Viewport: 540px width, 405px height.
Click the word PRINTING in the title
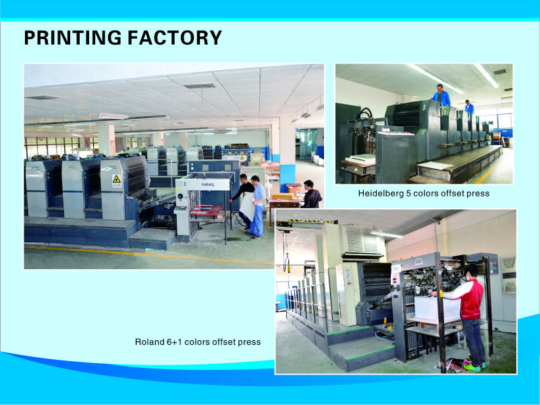pyautogui.click(x=73, y=38)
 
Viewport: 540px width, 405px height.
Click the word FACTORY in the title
pyautogui.click(x=175, y=38)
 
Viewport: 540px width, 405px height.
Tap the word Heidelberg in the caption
pyautogui.click(x=381, y=194)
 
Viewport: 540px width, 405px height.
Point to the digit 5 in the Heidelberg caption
pyautogui.click(x=408, y=193)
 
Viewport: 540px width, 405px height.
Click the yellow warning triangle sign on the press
pyautogui.click(x=116, y=180)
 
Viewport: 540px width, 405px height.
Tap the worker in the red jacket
pyautogui.click(x=468, y=317)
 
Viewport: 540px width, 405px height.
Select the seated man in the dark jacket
pyautogui.click(x=311, y=194)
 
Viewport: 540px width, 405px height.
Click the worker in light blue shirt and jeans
pyautogui.click(x=257, y=207)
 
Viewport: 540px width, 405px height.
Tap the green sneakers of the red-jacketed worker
pyautogui.click(x=474, y=367)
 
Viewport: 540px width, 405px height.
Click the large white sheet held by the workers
pyautogui.click(x=247, y=207)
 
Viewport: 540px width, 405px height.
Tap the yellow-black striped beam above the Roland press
pyautogui.click(x=312, y=221)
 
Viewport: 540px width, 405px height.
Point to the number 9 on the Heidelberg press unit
pyautogui.click(x=425, y=107)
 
